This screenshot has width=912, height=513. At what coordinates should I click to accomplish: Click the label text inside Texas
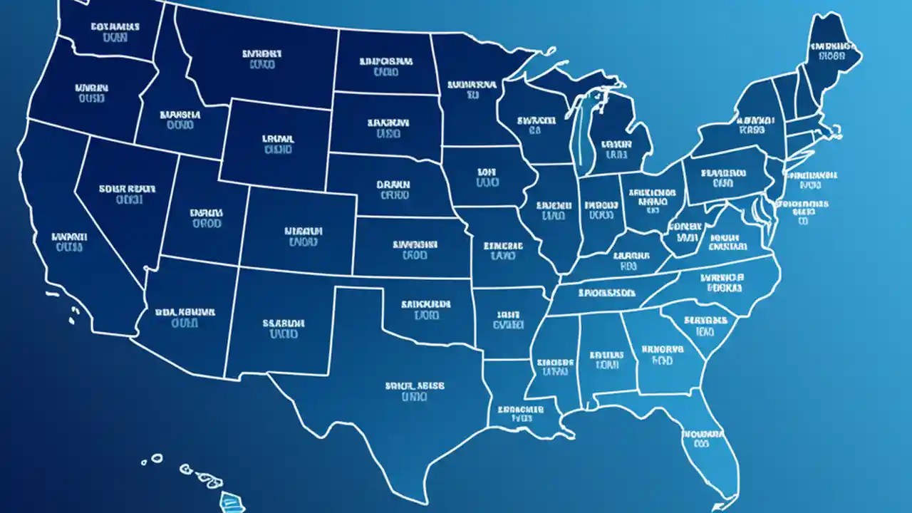(415, 391)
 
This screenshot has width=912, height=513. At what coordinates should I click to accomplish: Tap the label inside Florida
(703, 438)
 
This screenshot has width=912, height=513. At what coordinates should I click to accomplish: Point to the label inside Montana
(262, 58)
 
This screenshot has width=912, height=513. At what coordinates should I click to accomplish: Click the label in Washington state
(115, 32)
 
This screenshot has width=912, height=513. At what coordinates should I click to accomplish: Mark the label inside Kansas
(414, 249)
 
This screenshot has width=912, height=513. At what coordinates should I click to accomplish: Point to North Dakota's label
(385, 66)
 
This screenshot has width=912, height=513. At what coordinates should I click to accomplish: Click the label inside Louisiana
(517, 414)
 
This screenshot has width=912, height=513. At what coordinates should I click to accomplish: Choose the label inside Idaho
(180, 119)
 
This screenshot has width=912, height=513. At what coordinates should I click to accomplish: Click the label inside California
(70, 241)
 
